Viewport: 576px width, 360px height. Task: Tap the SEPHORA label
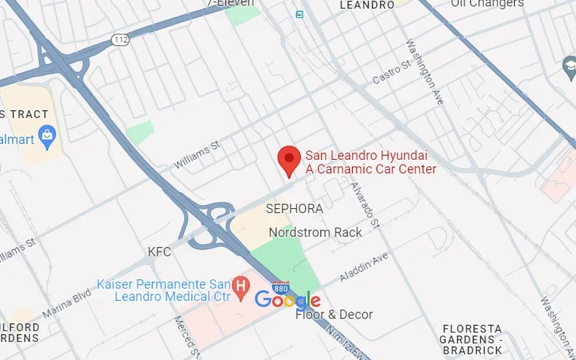[x=294, y=208]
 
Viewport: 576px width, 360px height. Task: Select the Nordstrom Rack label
[x=315, y=233]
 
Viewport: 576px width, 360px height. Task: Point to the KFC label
[x=159, y=252]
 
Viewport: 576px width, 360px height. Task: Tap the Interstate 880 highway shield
[x=282, y=287]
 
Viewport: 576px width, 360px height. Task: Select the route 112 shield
[x=120, y=40]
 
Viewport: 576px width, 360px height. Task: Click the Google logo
[x=287, y=300]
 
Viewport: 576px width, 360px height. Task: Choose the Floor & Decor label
[x=334, y=315]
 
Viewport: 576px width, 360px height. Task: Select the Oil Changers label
[x=487, y=4]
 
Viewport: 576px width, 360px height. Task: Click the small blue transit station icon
[x=299, y=14]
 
